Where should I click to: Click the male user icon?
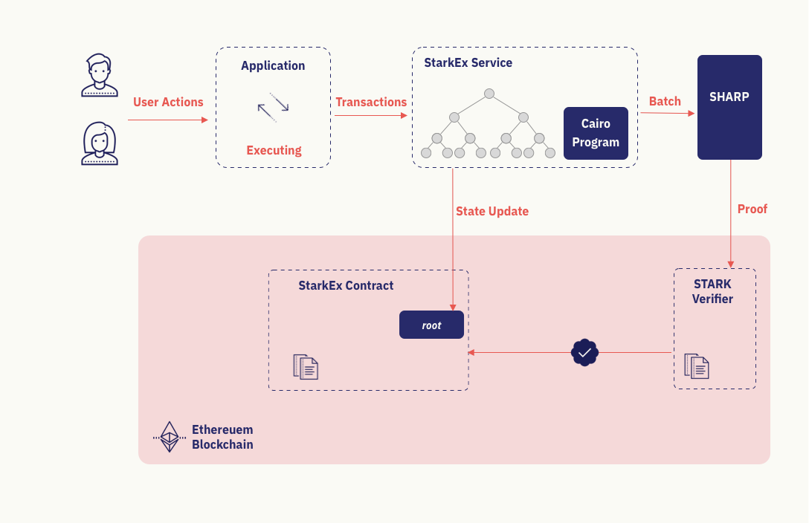click(99, 75)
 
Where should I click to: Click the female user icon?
click(99, 143)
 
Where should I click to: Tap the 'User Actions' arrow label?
click(168, 103)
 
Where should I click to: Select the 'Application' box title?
click(273, 65)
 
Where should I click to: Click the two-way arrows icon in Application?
click(273, 108)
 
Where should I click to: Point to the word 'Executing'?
click(274, 150)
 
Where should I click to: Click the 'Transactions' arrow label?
click(371, 103)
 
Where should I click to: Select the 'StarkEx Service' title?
click(468, 63)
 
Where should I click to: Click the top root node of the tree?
click(489, 94)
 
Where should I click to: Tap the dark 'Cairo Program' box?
click(596, 133)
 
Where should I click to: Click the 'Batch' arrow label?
click(665, 102)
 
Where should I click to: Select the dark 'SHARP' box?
click(729, 107)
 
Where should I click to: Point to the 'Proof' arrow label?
click(752, 209)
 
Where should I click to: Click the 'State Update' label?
click(491, 212)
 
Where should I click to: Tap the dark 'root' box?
click(431, 325)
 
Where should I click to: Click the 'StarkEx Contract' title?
click(346, 286)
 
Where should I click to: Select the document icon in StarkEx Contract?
click(306, 367)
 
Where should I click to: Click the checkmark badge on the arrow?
click(584, 353)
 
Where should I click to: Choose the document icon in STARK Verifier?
click(697, 366)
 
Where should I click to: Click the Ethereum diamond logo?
click(170, 437)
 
